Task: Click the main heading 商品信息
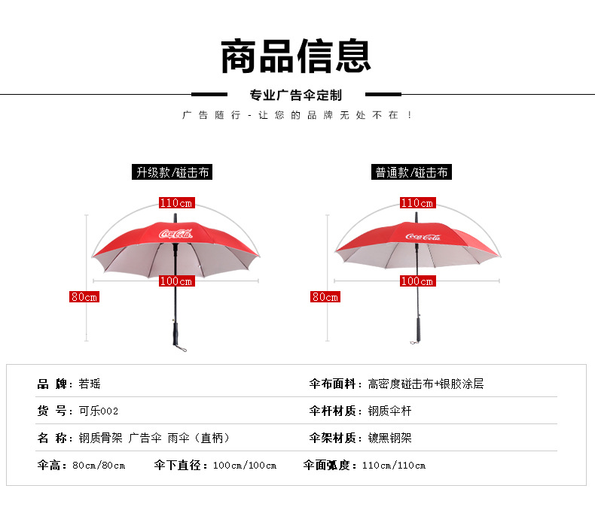tap(296, 56)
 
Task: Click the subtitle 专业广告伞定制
tap(296, 96)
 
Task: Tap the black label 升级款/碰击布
tap(172, 172)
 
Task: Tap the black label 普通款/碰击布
tap(412, 172)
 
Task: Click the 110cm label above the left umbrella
tap(176, 203)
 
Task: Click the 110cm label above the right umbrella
tap(417, 203)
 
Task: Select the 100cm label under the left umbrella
tap(176, 281)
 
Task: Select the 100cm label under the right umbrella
tap(417, 281)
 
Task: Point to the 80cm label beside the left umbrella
tap(84, 297)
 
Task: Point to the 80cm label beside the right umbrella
tap(325, 297)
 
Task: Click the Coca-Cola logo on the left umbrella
tap(175, 234)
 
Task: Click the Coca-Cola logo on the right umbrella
tap(423, 237)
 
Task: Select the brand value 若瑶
tap(89, 384)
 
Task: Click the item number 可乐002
tap(99, 411)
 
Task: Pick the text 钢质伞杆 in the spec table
tap(389, 411)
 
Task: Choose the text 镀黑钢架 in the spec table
tap(389, 438)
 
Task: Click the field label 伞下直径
tap(181, 465)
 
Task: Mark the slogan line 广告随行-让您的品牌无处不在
tap(297, 115)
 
